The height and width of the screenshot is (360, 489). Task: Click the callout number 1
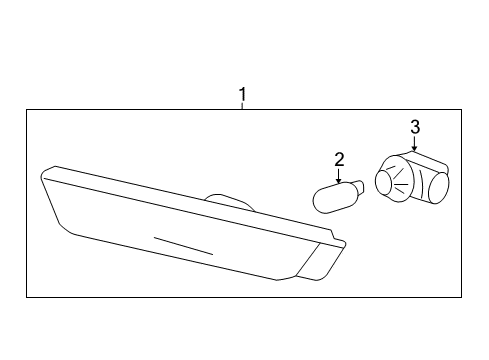[241, 95]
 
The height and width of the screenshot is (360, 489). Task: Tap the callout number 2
[339, 159]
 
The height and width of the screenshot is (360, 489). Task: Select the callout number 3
[415, 127]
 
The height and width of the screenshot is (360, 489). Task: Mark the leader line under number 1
[241, 108]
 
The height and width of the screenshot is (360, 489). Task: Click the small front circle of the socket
[385, 181]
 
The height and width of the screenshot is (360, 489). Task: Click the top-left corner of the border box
[27, 110]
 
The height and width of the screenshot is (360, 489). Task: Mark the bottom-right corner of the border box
[461, 297]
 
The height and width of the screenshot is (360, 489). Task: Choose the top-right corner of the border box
[461, 110]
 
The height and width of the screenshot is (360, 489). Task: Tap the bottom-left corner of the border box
[27, 297]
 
